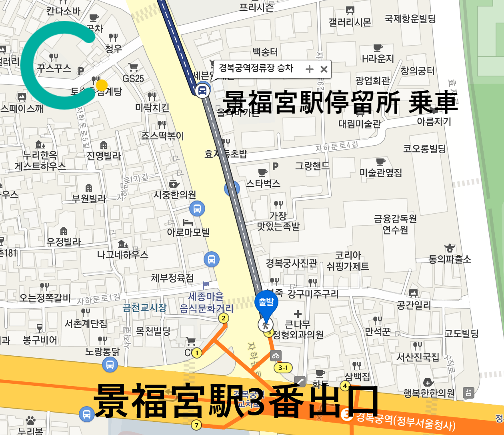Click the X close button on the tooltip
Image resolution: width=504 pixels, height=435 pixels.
[x=324, y=69]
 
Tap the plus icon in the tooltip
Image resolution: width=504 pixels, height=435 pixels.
[x=310, y=69]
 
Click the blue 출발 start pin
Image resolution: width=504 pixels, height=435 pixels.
[x=266, y=304]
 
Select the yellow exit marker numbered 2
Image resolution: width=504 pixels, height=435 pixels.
[x=223, y=318]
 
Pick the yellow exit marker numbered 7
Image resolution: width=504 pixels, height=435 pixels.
[x=196, y=425]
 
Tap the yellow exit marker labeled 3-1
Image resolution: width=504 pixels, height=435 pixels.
[x=283, y=368]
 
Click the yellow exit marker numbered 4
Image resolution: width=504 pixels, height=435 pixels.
[x=345, y=386]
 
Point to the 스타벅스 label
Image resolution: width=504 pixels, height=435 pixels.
[x=263, y=184]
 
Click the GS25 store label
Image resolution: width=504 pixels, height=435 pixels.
[x=133, y=78]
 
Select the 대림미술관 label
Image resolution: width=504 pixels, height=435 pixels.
[x=360, y=124]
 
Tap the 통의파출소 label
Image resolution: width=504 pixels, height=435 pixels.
[x=450, y=259]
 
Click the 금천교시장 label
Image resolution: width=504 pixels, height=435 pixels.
[x=144, y=308]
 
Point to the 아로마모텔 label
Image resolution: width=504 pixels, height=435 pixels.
[x=188, y=232]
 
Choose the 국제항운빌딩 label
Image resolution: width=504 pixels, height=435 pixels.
[x=410, y=19]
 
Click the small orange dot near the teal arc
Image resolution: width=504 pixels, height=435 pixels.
[x=102, y=85]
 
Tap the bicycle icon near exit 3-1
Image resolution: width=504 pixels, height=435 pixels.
[x=275, y=355]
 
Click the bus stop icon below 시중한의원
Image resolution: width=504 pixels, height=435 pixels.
[x=197, y=208]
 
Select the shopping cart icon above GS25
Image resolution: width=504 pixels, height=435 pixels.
[x=133, y=67]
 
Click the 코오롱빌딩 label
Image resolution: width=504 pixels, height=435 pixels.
[x=424, y=149]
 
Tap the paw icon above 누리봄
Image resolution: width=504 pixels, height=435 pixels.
[x=30, y=421]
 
